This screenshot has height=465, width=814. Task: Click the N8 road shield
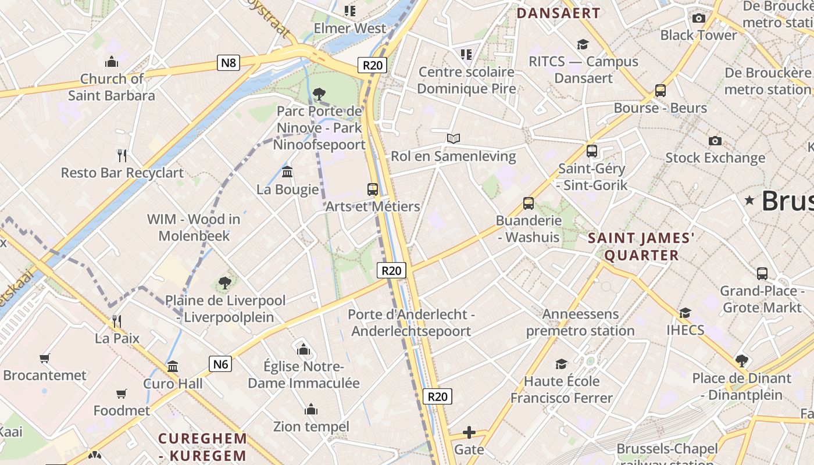click(229, 62)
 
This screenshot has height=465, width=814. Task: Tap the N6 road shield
click(220, 364)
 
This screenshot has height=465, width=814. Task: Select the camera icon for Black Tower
click(699, 18)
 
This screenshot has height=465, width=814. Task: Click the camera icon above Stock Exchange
click(715, 141)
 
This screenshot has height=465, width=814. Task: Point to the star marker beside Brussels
click(750, 201)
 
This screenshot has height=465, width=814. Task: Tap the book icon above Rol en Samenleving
click(454, 138)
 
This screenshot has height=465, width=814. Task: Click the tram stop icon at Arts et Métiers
click(373, 189)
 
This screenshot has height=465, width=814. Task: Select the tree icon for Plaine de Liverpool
click(225, 283)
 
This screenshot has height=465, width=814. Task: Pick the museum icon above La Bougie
click(287, 172)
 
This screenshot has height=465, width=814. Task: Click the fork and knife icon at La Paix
click(117, 320)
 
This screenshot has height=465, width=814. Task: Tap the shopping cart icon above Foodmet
click(122, 394)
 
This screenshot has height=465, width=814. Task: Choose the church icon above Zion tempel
click(311, 409)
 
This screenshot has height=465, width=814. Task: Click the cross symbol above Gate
click(469, 432)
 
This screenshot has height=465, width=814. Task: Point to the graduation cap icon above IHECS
click(686, 313)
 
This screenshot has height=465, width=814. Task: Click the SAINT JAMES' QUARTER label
click(641, 246)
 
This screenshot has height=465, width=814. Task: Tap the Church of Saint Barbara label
click(112, 87)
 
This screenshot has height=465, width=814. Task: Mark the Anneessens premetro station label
click(580, 323)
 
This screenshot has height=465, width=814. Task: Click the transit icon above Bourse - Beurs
click(661, 91)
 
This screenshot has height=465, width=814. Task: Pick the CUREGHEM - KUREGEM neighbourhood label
click(203, 447)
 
